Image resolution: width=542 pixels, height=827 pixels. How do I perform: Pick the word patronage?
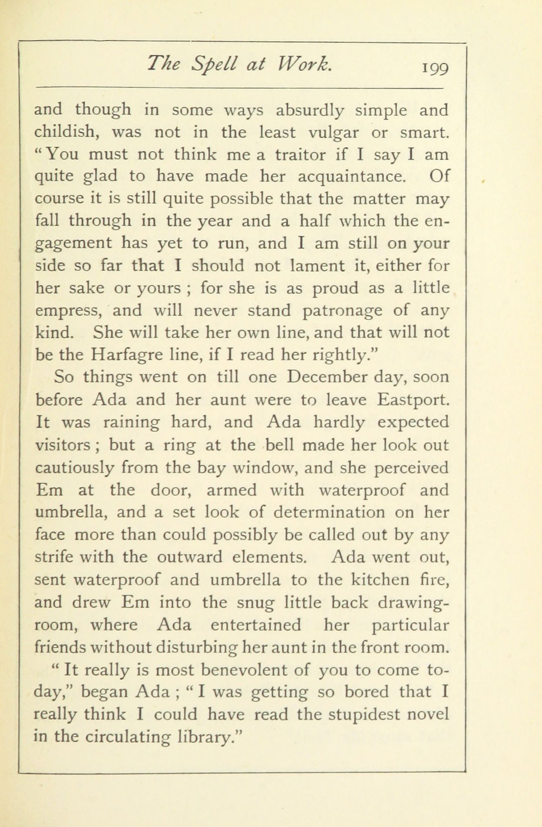coord(344,311)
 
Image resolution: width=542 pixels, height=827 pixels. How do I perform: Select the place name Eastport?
coord(413,399)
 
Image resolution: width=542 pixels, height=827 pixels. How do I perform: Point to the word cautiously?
coord(74,468)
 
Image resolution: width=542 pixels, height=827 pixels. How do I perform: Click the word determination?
coord(329,513)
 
